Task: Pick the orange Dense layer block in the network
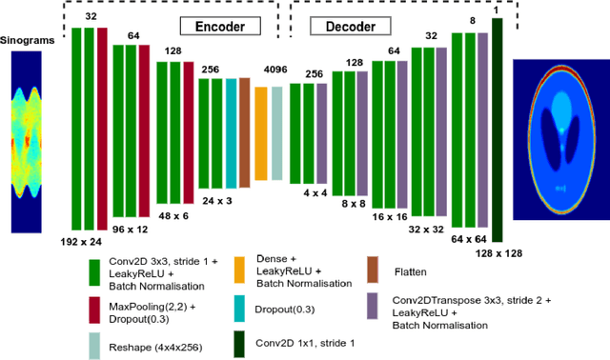pyautogui.click(x=260, y=132)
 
